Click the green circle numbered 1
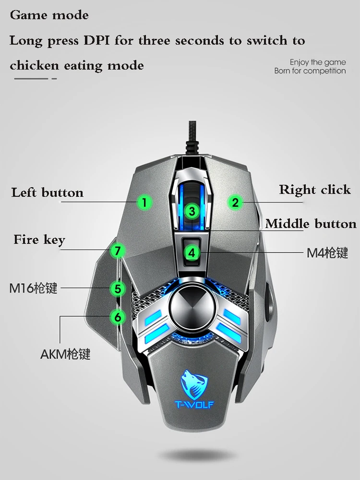click(x=145, y=202)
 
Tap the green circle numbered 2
click(x=235, y=202)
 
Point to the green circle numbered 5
click(x=118, y=288)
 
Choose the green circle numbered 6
click(x=118, y=316)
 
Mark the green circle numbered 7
click(x=118, y=250)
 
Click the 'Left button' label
click(x=48, y=193)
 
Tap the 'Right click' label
click(x=315, y=190)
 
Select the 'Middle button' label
click(x=311, y=224)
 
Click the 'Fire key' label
click(x=39, y=240)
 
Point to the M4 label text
click(x=327, y=252)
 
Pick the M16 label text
click(x=33, y=288)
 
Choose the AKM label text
click(x=65, y=355)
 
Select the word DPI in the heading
click(x=96, y=40)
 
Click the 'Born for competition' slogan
click(x=310, y=71)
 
